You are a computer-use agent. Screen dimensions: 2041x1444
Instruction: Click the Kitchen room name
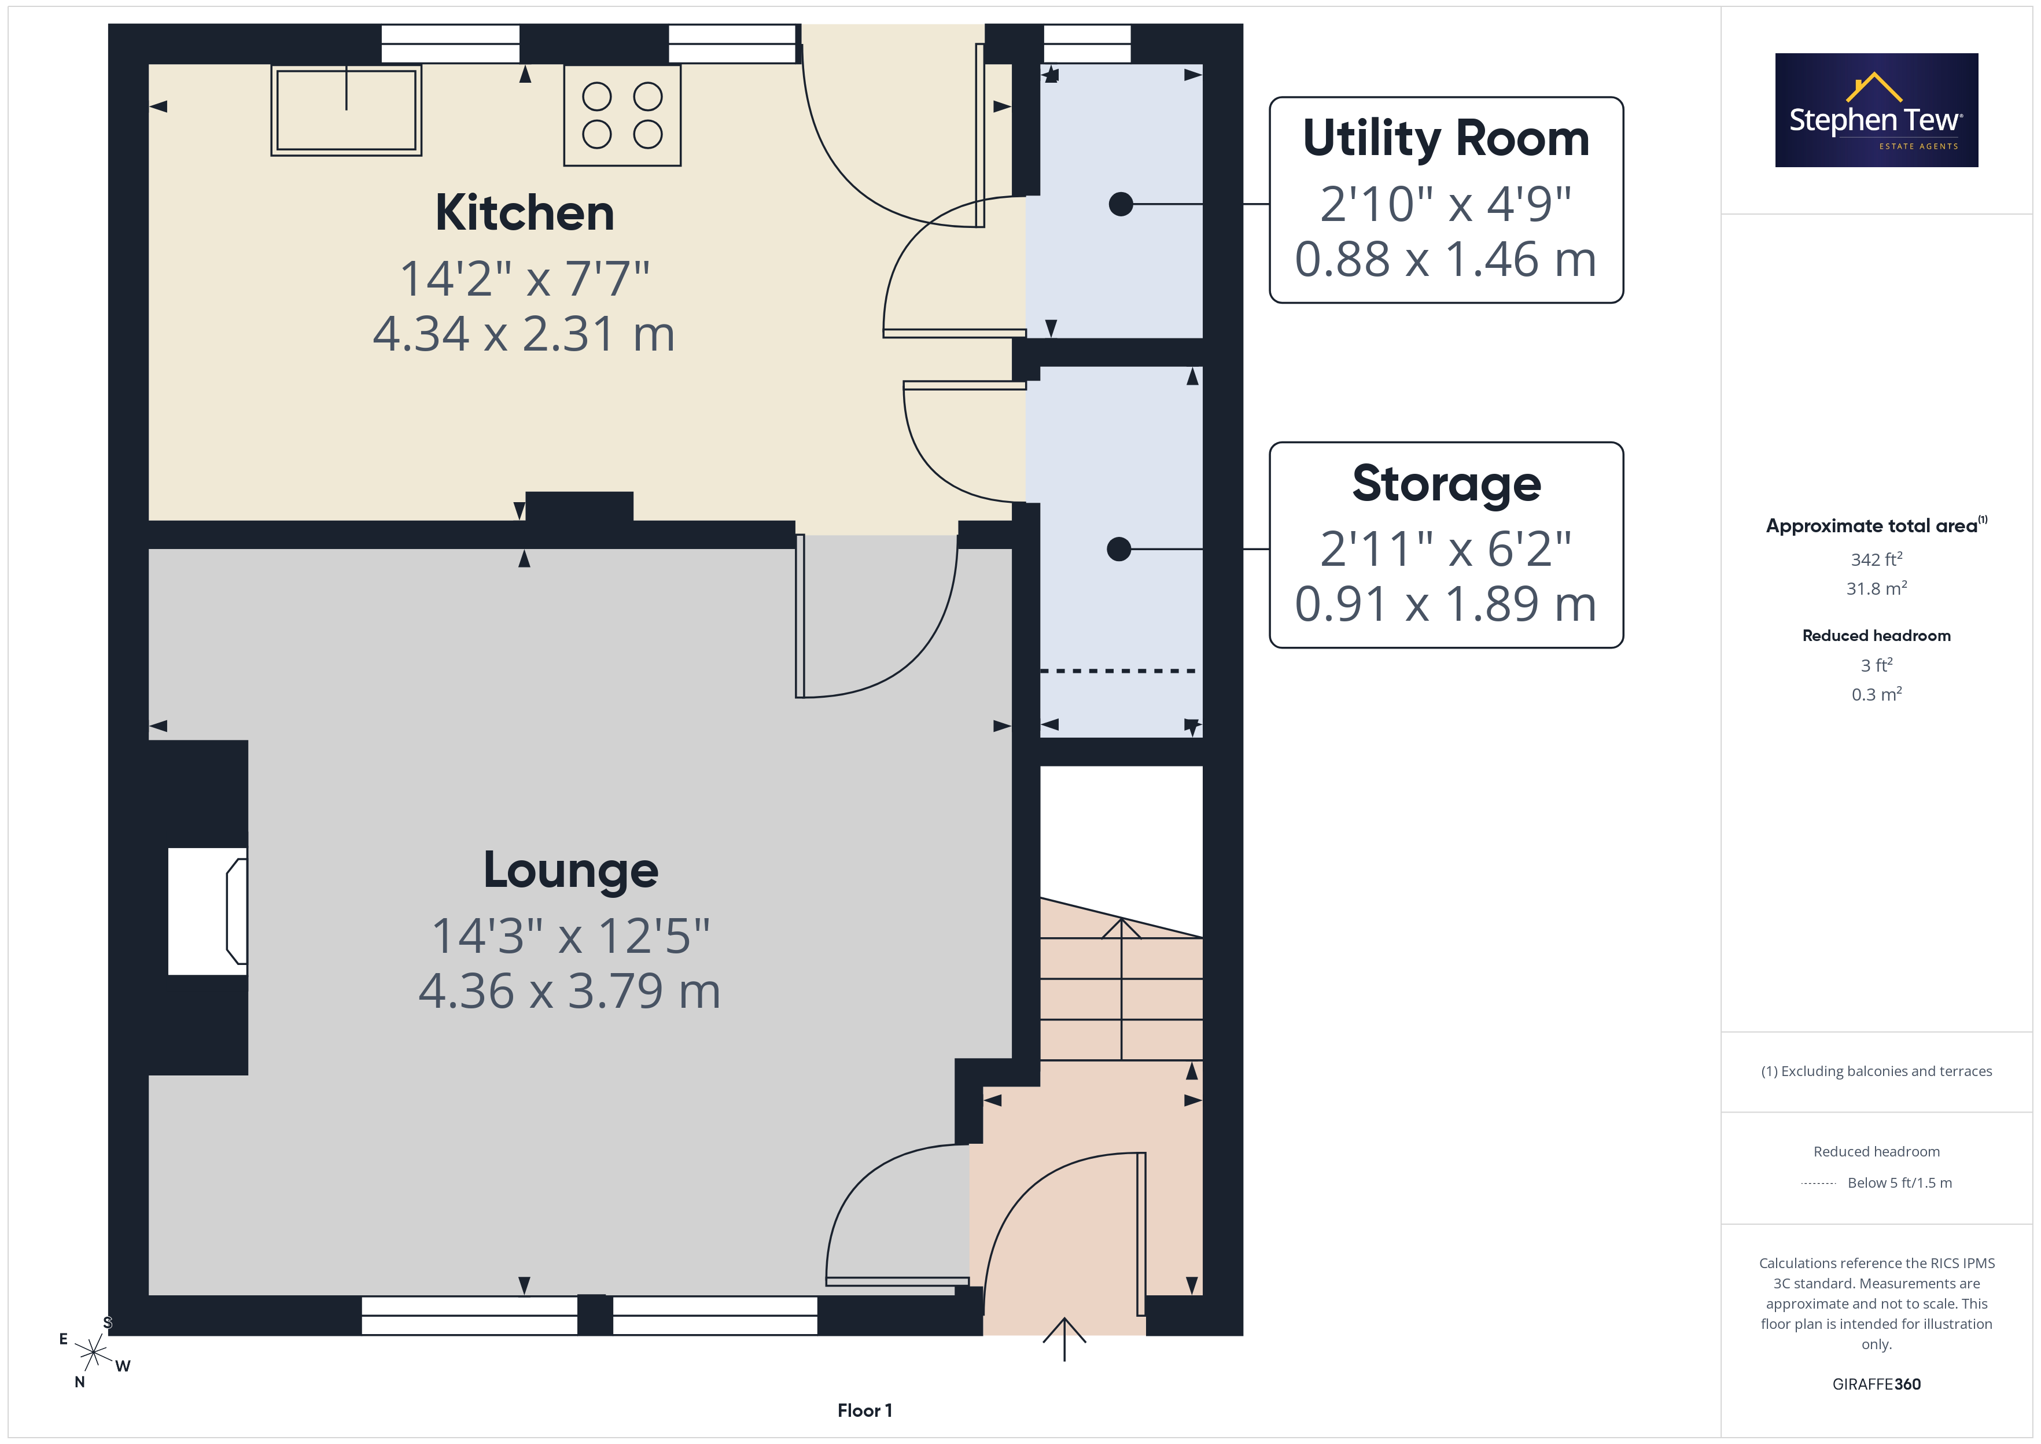tap(525, 213)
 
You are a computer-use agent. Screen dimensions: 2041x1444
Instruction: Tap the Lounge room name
tap(570, 871)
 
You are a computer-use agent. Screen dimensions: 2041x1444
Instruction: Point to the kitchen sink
tap(347, 110)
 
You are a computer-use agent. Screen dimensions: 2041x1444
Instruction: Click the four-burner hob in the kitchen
tap(622, 116)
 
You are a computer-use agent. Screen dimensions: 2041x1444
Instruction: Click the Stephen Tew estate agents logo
tap(1877, 110)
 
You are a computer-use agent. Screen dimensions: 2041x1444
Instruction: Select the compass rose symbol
tap(93, 1353)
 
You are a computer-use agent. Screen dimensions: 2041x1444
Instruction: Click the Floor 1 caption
tap(865, 1411)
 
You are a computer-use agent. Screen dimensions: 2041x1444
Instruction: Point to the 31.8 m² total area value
tap(1877, 588)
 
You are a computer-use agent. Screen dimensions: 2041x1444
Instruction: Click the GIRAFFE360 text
tap(1877, 1384)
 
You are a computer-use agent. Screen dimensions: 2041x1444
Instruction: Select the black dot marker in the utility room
tap(1121, 204)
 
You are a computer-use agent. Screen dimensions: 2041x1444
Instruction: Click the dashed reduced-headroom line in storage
tap(1118, 671)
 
